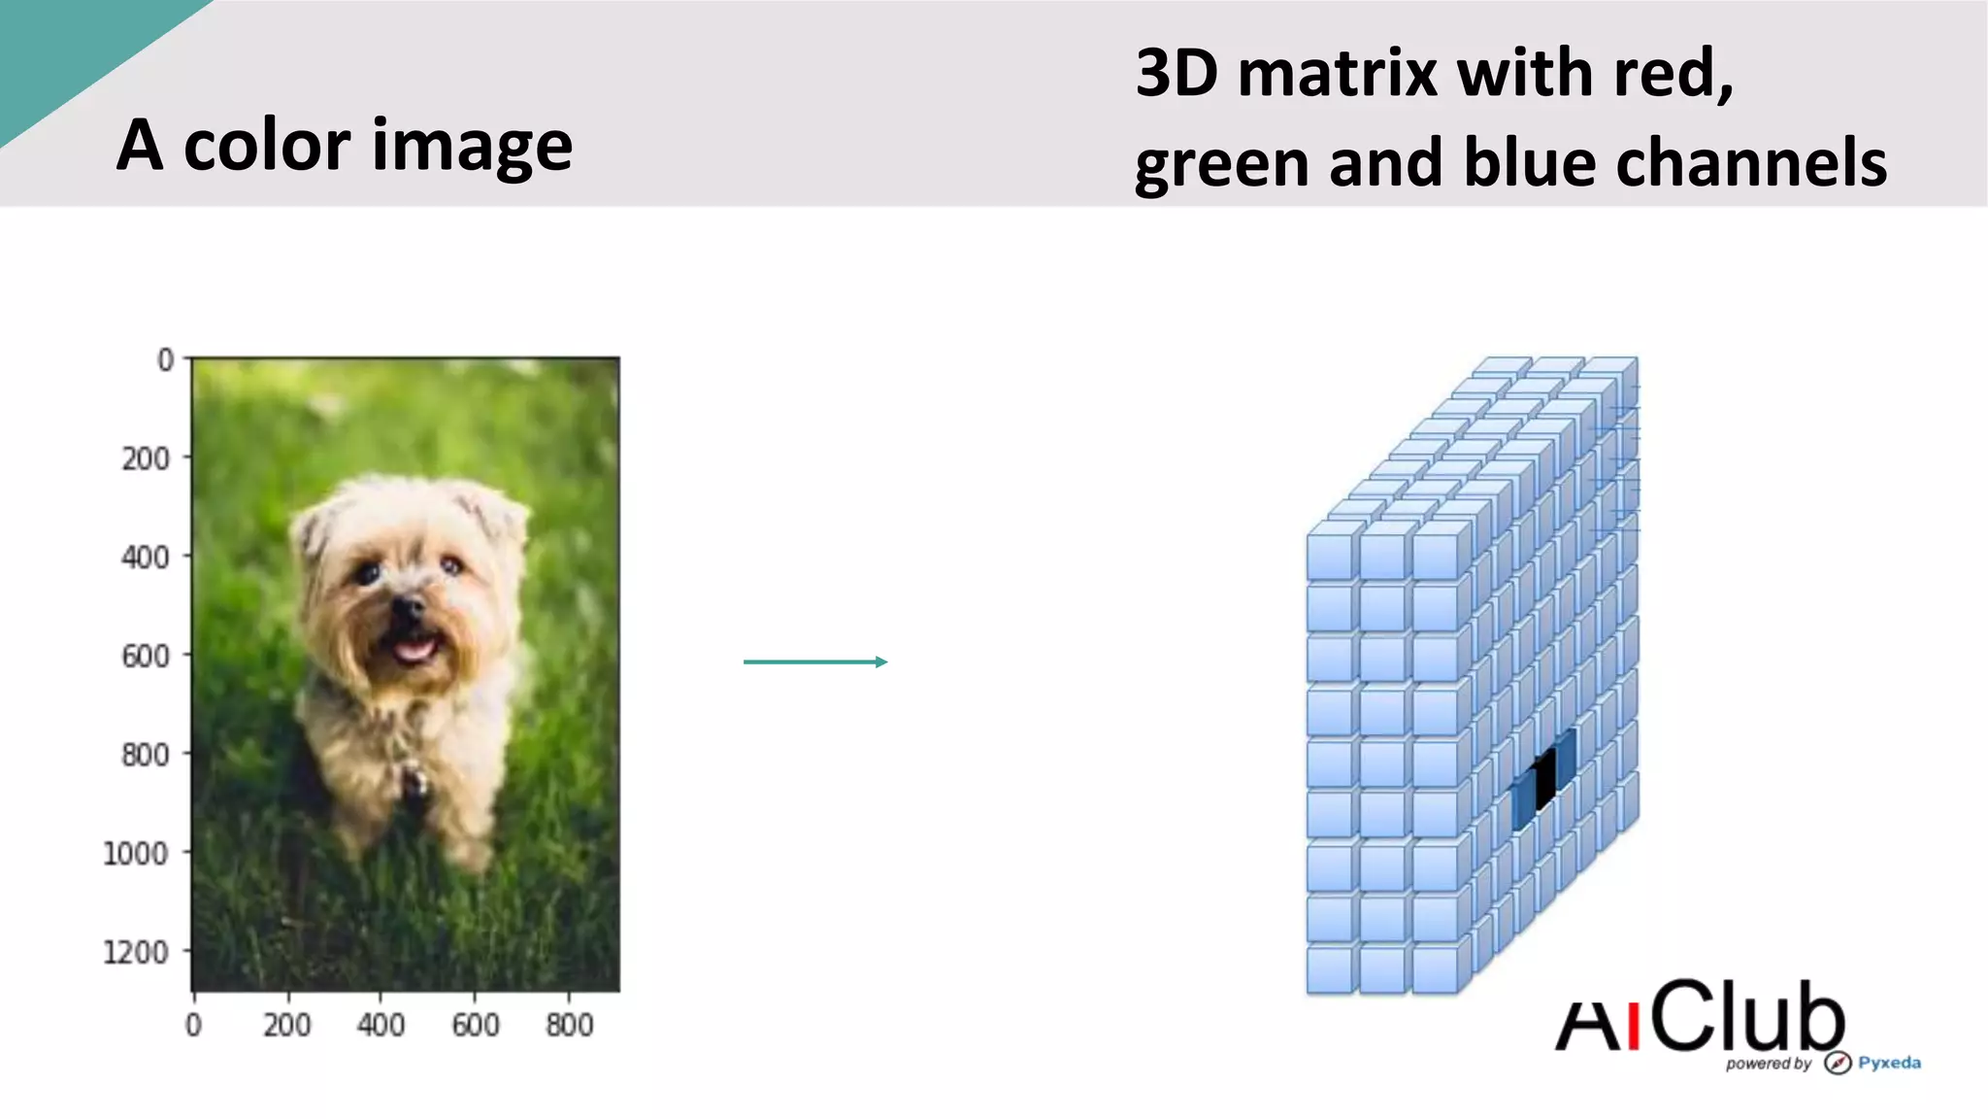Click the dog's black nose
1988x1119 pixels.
[408, 609]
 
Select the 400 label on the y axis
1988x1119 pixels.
[145, 558]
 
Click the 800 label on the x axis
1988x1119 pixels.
[569, 1025]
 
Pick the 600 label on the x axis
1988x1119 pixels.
[475, 1025]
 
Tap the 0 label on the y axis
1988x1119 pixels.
[166, 360]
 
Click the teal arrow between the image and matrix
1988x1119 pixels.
[815, 661]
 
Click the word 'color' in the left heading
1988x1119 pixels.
[267, 145]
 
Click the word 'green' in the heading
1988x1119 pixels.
[1221, 164]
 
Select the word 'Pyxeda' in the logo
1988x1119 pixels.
[1889, 1063]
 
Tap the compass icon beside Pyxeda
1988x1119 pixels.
[1837, 1063]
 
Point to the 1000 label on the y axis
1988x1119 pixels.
[135, 854]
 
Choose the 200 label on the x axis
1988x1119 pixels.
[286, 1025]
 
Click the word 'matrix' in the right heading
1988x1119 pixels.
[1339, 73]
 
